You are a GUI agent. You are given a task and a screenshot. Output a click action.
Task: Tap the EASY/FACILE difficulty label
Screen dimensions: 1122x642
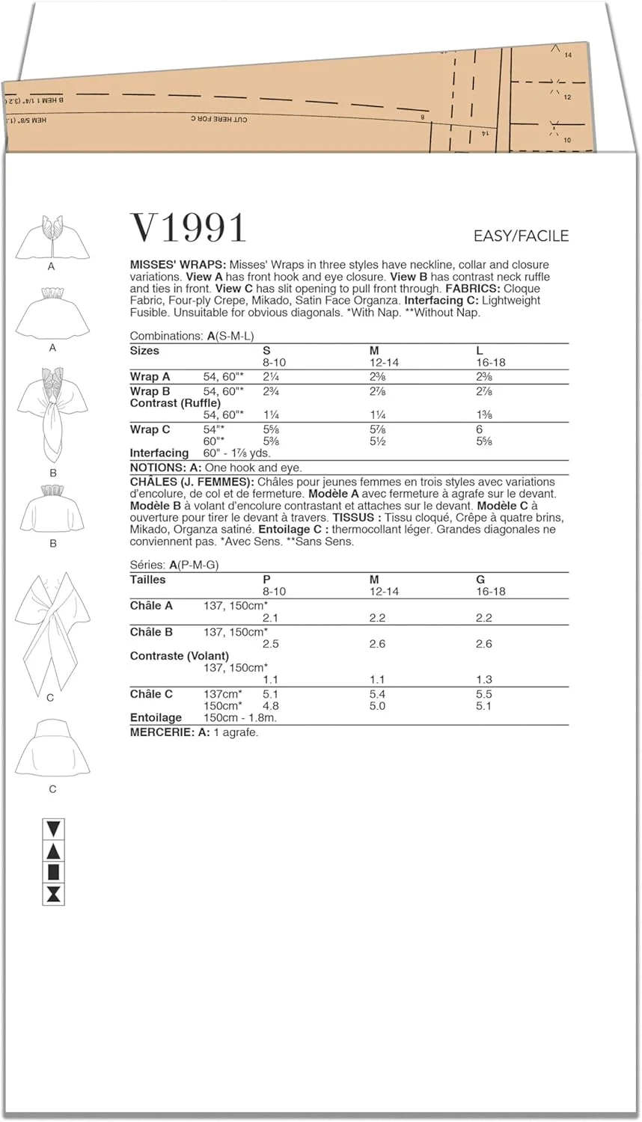(521, 236)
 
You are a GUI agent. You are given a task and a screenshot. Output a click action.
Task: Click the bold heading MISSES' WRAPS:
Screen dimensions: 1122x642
(178, 265)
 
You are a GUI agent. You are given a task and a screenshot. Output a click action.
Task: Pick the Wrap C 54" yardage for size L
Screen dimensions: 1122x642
(480, 429)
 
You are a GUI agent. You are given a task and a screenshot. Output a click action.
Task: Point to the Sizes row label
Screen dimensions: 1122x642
(144, 350)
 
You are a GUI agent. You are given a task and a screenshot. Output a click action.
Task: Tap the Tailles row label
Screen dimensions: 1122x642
(148, 580)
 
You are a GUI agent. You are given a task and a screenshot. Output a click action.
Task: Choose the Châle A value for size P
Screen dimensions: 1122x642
(270, 618)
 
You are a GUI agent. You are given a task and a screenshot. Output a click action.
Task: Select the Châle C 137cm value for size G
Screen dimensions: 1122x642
(484, 694)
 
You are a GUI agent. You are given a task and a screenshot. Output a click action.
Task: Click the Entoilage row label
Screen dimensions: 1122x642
(156, 718)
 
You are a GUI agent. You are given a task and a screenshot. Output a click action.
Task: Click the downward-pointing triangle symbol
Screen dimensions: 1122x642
(55, 829)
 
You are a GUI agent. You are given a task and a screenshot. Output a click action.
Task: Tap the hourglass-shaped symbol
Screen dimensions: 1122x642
(55, 895)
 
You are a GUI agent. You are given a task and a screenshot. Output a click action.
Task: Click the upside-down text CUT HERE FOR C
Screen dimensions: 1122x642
(218, 119)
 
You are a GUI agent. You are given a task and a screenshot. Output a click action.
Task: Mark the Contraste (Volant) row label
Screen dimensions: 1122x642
(180, 656)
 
